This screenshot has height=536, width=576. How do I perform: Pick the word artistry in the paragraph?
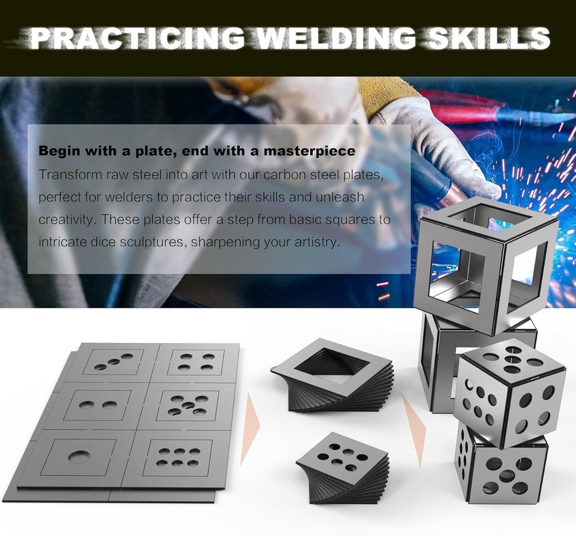click(x=314, y=241)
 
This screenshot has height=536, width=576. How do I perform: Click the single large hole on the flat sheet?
click(x=79, y=458)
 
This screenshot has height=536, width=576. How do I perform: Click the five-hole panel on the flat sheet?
click(x=187, y=405)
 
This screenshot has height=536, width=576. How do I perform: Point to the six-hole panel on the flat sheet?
click(x=177, y=457)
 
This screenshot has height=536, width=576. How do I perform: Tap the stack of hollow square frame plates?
click(x=334, y=375)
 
